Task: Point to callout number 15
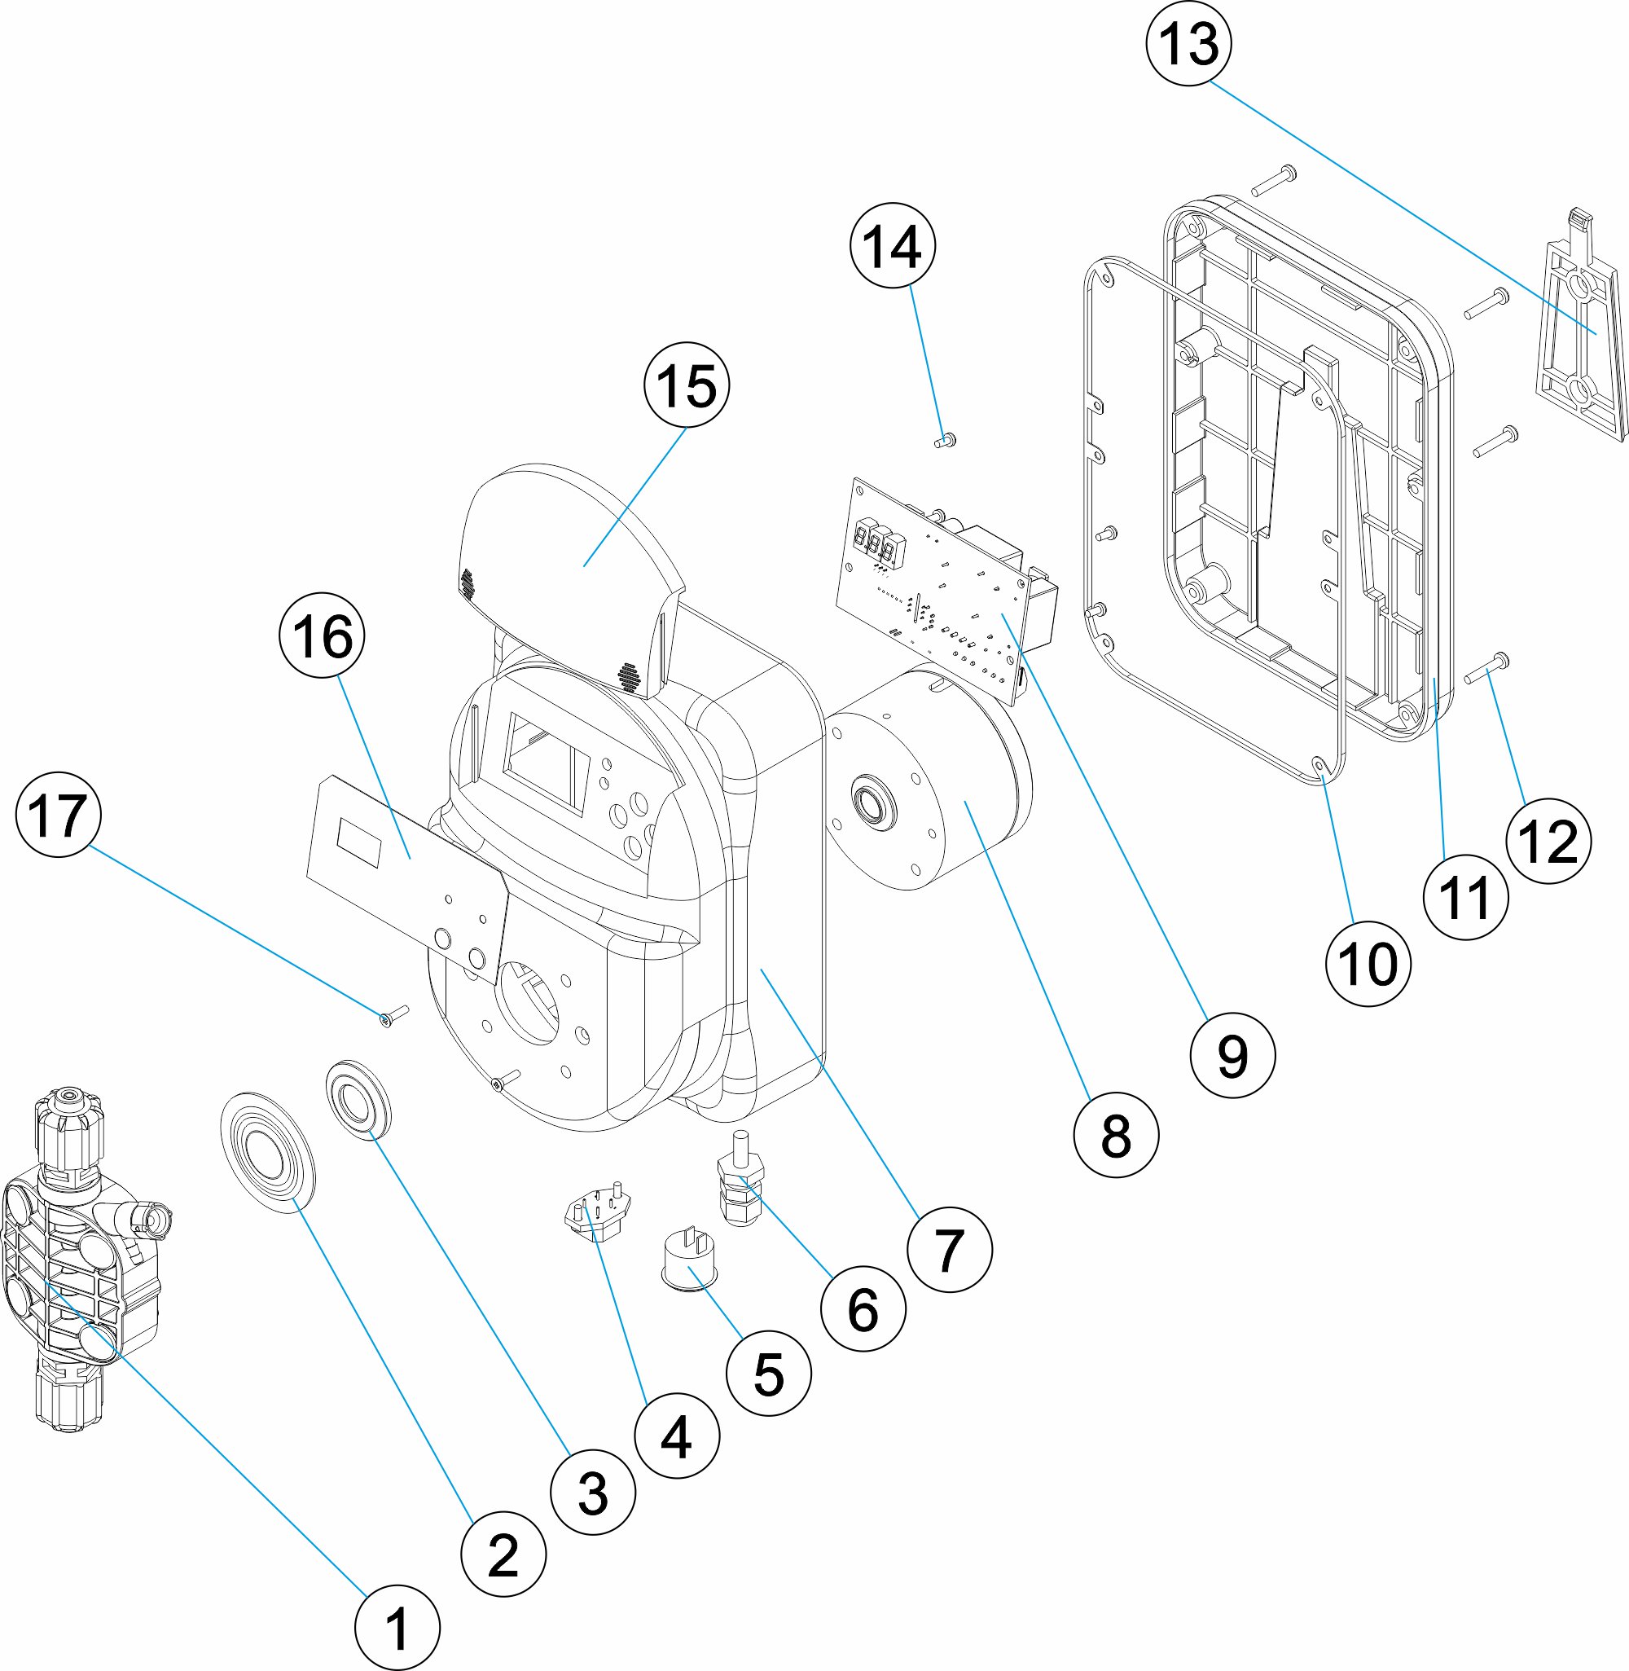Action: click(x=686, y=385)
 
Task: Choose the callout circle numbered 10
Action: click(x=1368, y=964)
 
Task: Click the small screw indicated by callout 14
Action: click(x=945, y=442)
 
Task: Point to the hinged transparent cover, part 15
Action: click(x=569, y=547)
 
